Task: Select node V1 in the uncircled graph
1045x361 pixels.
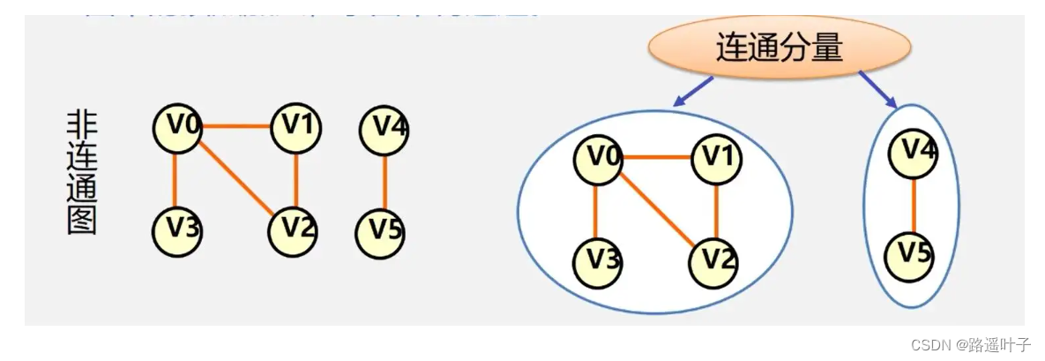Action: pos(295,127)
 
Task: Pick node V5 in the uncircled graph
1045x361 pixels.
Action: pos(381,231)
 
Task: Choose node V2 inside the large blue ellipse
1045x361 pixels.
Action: pos(714,261)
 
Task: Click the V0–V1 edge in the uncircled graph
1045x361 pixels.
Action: pos(235,126)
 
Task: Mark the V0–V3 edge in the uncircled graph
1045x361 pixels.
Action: pos(175,178)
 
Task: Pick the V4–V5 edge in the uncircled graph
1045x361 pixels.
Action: pos(383,180)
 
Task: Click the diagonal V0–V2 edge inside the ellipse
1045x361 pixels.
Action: pos(656,209)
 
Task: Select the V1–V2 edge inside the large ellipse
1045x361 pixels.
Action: pos(715,210)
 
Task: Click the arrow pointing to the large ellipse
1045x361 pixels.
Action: pos(693,91)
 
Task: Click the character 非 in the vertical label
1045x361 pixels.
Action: pos(82,126)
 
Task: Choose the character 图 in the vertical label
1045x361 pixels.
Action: pos(82,218)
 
